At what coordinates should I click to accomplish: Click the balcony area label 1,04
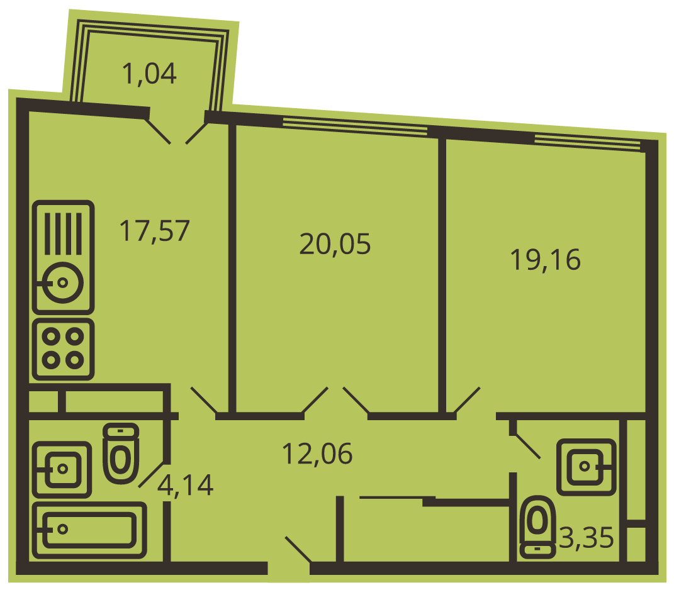pyautogui.click(x=149, y=74)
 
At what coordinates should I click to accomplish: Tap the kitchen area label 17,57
pyautogui.click(x=154, y=231)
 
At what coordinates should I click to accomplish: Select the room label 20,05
pyautogui.click(x=335, y=244)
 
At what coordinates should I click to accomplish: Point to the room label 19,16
pyautogui.click(x=545, y=260)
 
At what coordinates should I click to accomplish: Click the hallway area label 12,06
pyautogui.click(x=317, y=454)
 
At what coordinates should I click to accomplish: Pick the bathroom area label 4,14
pyautogui.click(x=185, y=486)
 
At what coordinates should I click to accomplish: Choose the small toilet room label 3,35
pyautogui.click(x=587, y=537)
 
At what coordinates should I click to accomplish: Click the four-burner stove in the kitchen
pyautogui.click(x=63, y=349)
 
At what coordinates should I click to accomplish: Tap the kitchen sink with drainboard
pyautogui.click(x=63, y=257)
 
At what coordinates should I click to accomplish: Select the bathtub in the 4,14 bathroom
pyautogui.click(x=90, y=530)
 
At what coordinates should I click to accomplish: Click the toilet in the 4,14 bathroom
pyautogui.click(x=121, y=454)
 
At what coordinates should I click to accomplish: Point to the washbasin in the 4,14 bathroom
pyautogui.click(x=62, y=469)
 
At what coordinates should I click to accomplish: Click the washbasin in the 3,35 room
pyautogui.click(x=587, y=467)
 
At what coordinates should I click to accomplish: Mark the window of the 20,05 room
pyautogui.click(x=355, y=127)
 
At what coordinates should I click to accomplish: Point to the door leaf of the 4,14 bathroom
pyautogui.click(x=152, y=474)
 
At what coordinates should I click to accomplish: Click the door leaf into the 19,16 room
pyautogui.click(x=467, y=400)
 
